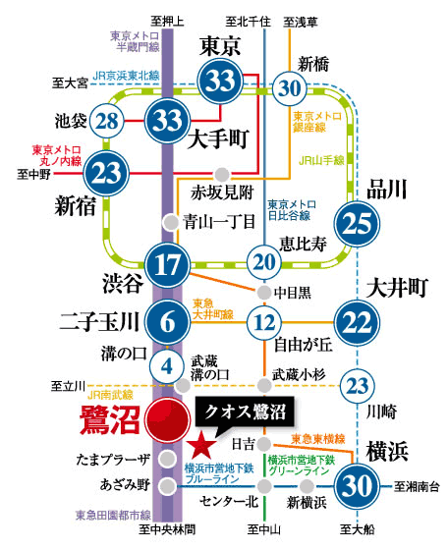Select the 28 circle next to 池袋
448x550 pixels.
click(108, 123)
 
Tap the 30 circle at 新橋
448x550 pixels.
click(291, 87)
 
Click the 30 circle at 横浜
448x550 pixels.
click(360, 485)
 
